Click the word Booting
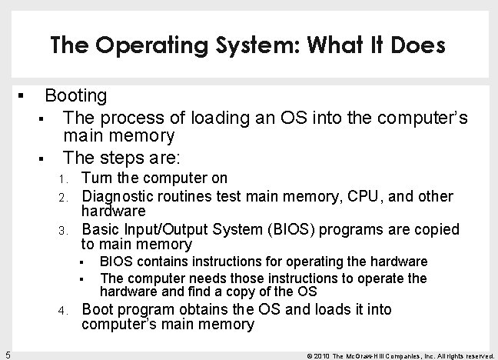76,96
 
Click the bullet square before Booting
22,97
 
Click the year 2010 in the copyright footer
324,355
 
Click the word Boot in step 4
98,310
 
